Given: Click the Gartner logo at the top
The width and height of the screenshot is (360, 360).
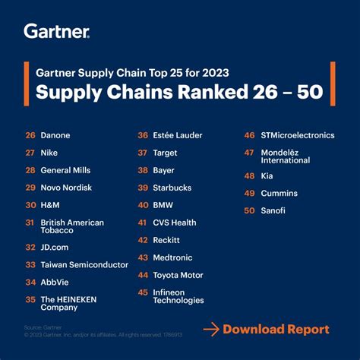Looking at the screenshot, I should (x=56, y=31).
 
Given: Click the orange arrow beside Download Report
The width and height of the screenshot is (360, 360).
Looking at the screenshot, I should (x=212, y=329).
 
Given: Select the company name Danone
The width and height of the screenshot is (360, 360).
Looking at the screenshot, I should (x=55, y=135).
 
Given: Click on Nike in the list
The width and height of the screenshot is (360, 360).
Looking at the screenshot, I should (x=49, y=153).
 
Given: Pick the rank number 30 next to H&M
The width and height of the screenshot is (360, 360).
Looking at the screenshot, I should (x=30, y=205).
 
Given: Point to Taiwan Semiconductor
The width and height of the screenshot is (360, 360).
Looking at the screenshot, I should (x=84, y=265).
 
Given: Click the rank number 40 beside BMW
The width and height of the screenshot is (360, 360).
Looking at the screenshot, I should (x=143, y=205).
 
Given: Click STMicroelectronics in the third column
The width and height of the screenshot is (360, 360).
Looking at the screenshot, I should (x=297, y=135).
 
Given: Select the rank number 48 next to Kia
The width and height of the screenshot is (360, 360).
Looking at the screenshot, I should (x=249, y=175).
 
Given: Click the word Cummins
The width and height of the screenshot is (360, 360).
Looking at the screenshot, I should (x=279, y=193).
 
